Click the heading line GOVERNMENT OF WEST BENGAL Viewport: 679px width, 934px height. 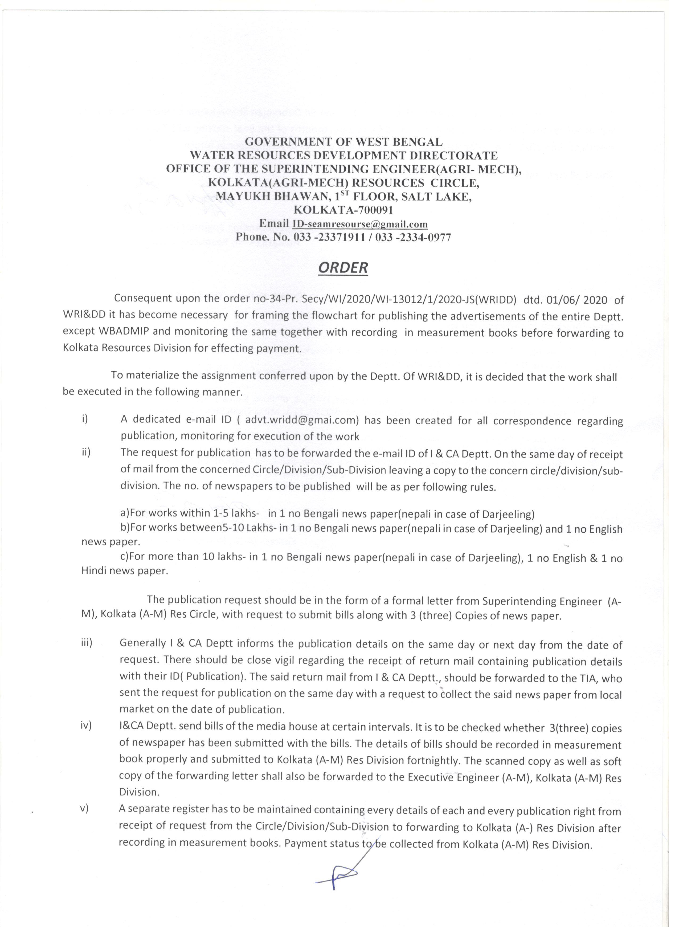pos(343,142)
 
